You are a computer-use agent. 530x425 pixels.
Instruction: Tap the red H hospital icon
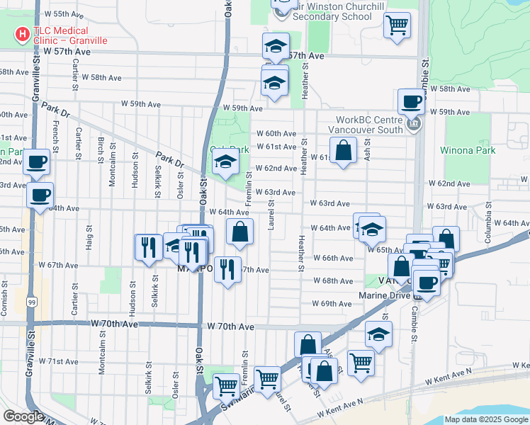22,33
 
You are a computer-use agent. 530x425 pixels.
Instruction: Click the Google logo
24,416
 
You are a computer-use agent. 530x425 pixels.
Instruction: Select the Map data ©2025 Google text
486,419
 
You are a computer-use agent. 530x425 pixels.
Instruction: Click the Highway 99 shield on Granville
30,302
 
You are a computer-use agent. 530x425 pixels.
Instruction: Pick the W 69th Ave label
332,303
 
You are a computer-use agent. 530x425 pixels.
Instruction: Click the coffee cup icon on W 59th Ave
411,101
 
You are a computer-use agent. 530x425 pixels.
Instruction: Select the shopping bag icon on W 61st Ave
343,150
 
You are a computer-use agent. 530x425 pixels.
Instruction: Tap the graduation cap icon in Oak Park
225,164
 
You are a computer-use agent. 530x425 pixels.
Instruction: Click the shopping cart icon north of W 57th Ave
397,25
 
